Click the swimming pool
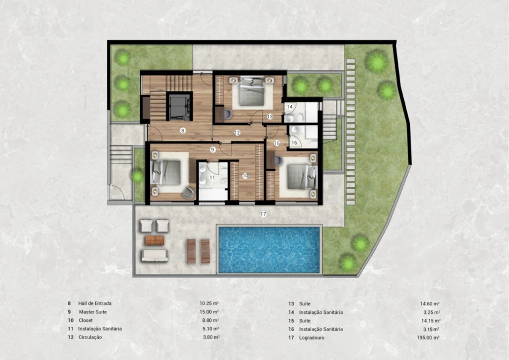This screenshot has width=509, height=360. point(269,249)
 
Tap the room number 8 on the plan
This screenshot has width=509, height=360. point(183,130)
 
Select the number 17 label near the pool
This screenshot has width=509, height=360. point(263,214)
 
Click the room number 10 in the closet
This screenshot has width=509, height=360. point(245,175)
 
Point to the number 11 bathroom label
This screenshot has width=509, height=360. point(212,177)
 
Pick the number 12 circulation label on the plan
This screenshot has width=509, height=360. point(237,132)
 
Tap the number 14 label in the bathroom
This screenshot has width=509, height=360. point(290,106)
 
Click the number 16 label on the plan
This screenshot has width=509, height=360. point(294,142)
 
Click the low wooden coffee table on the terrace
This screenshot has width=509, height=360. point(154,240)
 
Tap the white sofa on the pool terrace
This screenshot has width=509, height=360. point(154,255)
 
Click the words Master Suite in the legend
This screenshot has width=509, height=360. point(93,312)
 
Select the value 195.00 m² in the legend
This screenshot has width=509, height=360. point(428,337)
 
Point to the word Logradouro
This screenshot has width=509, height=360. point(311,337)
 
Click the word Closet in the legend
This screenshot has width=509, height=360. point(85,320)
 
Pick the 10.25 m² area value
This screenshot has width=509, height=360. point(209,303)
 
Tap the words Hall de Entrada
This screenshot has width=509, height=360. point(95,303)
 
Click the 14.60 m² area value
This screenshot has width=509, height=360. point(430,304)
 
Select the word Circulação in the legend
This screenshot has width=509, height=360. point(90,337)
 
